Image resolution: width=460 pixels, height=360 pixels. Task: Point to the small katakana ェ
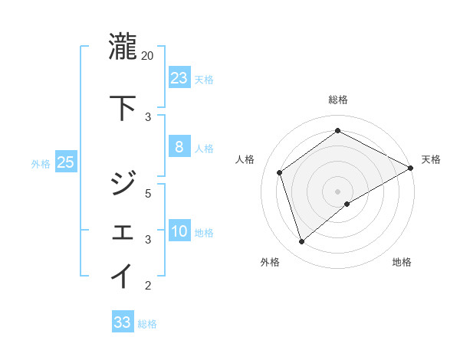point(123,232)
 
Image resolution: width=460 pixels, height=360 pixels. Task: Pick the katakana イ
point(123,276)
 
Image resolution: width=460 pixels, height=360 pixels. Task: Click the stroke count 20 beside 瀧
point(147,56)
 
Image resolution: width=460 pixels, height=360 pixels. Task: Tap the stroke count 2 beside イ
point(149,286)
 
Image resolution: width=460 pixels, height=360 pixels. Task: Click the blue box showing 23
point(179,77)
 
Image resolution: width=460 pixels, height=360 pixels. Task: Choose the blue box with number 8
point(179,147)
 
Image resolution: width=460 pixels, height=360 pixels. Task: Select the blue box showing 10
point(179,231)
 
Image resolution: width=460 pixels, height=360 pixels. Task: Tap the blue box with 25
point(65,162)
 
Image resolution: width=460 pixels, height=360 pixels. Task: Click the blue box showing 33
point(122,322)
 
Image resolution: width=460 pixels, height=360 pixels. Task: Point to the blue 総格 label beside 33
point(147,324)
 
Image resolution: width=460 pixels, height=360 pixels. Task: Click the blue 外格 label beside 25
point(41,163)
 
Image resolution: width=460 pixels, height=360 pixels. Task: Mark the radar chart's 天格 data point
point(411,169)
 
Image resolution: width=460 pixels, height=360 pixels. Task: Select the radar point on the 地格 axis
point(347,204)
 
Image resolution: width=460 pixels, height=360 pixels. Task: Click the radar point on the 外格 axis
point(302,242)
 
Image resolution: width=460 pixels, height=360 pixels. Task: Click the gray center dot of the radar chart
point(337,191)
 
